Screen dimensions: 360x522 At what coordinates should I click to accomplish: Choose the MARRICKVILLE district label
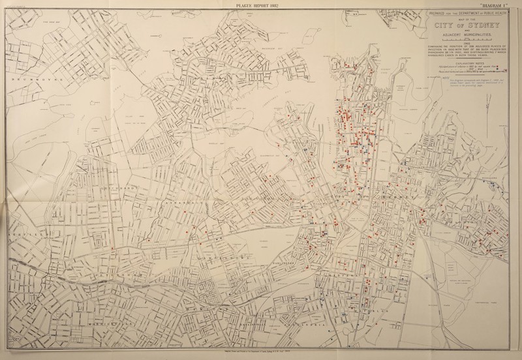[111, 322]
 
